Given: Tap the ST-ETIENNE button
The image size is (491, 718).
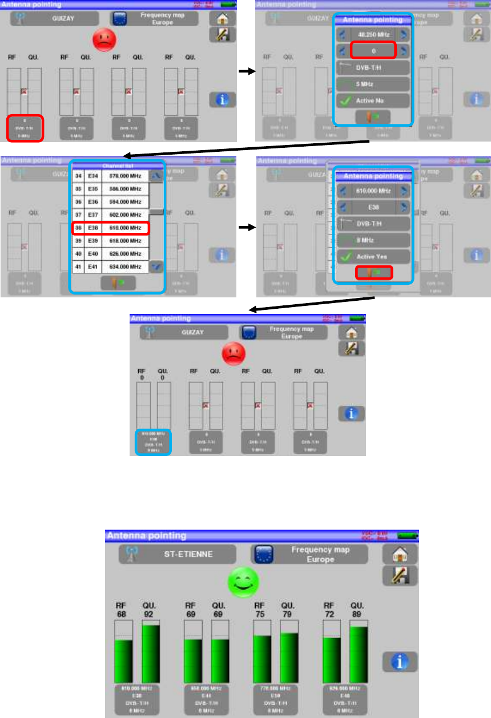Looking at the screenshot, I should (177, 554).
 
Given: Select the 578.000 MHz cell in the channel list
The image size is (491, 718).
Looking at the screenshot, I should (124, 176).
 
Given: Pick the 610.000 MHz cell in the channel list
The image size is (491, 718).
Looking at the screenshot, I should (124, 228).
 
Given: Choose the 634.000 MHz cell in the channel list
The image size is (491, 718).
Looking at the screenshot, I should (124, 267).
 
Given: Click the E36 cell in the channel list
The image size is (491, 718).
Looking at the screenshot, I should (92, 201).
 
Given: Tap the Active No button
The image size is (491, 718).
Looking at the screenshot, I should (373, 101).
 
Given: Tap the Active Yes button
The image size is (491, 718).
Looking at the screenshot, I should (373, 257).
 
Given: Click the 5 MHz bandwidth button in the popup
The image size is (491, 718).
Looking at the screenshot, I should (373, 84).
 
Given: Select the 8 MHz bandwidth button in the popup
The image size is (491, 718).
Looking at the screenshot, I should (373, 240).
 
